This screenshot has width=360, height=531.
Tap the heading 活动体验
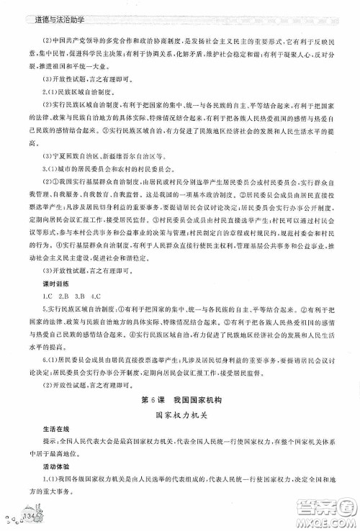(x=42, y=479)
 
